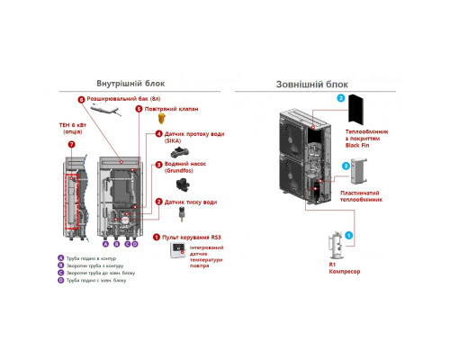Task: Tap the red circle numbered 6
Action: [80, 100]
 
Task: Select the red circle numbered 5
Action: [139, 109]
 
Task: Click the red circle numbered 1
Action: [157, 237]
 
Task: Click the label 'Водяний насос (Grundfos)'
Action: [186, 169]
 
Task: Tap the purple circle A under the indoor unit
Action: [104, 242]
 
